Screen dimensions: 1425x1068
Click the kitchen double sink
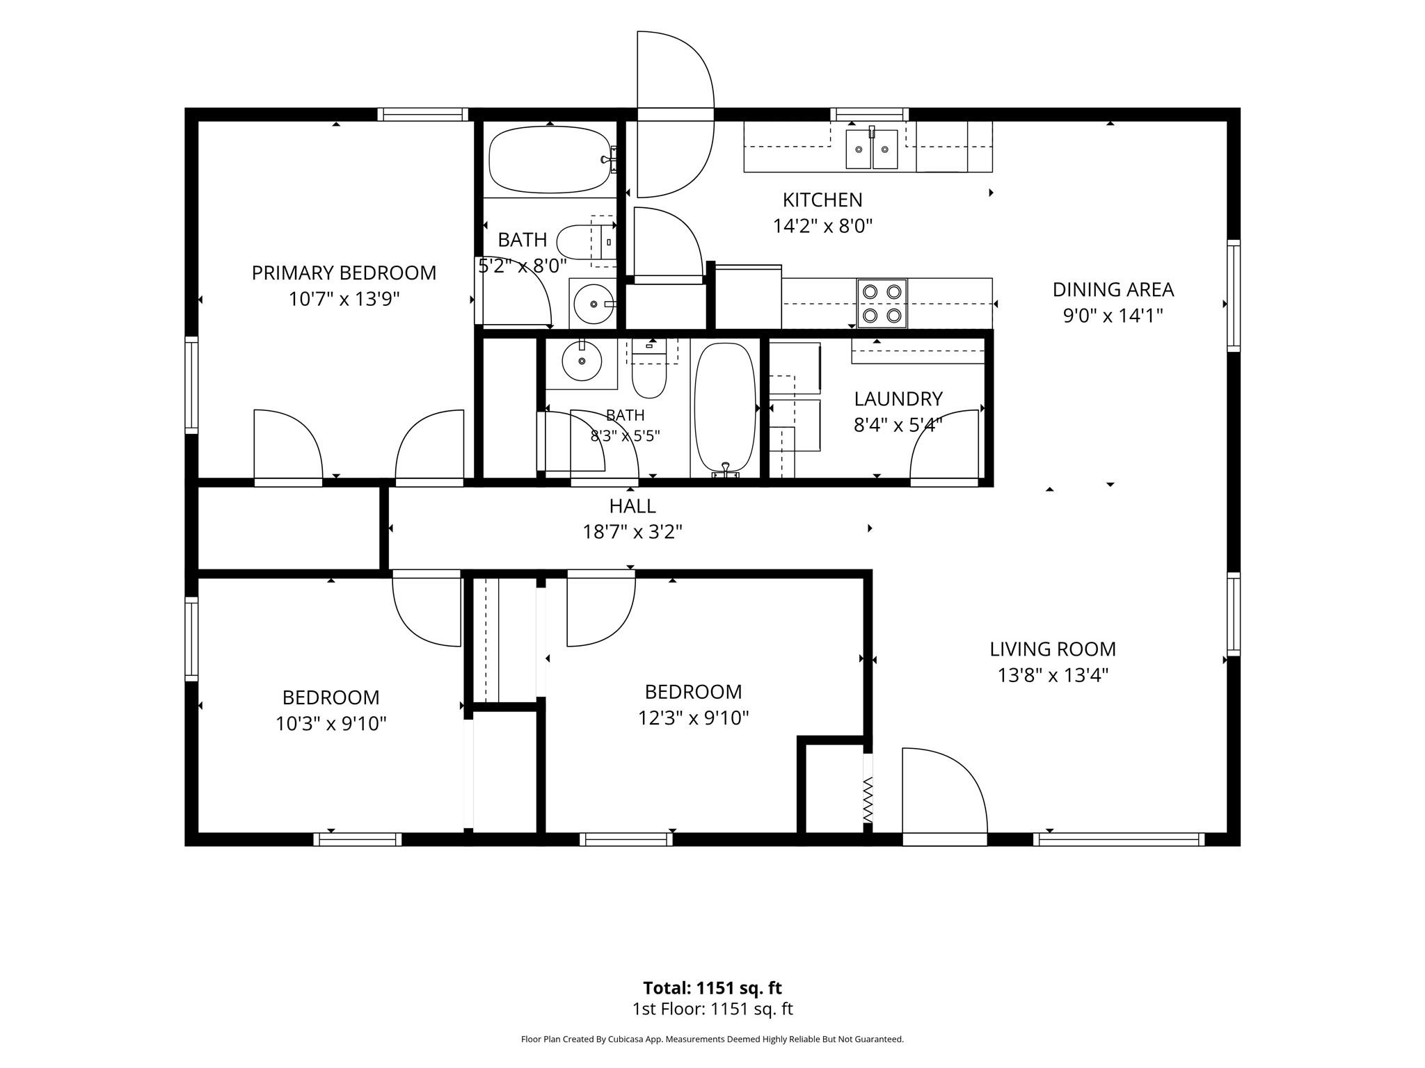[x=871, y=148]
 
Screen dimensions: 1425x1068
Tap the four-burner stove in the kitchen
[x=882, y=303]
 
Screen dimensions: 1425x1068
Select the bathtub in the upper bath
[x=550, y=159]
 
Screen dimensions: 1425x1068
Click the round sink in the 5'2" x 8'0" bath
[x=593, y=303]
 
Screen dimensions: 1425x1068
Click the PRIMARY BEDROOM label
[x=344, y=273]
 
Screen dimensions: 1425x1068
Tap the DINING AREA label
[x=1113, y=289]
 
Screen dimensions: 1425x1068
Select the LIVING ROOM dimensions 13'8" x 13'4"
[x=1053, y=675]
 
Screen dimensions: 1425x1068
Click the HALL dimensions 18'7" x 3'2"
[x=632, y=532]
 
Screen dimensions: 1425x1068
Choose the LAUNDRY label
[x=898, y=398]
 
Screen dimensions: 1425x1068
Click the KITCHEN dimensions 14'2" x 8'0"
[x=822, y=226]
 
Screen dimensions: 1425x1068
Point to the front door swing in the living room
[x=944, y=792]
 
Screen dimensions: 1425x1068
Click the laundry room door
[x=945, y=446]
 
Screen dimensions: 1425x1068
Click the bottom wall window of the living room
[x=1119, y=839]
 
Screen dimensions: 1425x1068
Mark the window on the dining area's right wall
[x=1233, y=296]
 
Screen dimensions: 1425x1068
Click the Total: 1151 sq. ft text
[x=712, y=988]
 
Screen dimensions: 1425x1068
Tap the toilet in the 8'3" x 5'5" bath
[x=649, y=369]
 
